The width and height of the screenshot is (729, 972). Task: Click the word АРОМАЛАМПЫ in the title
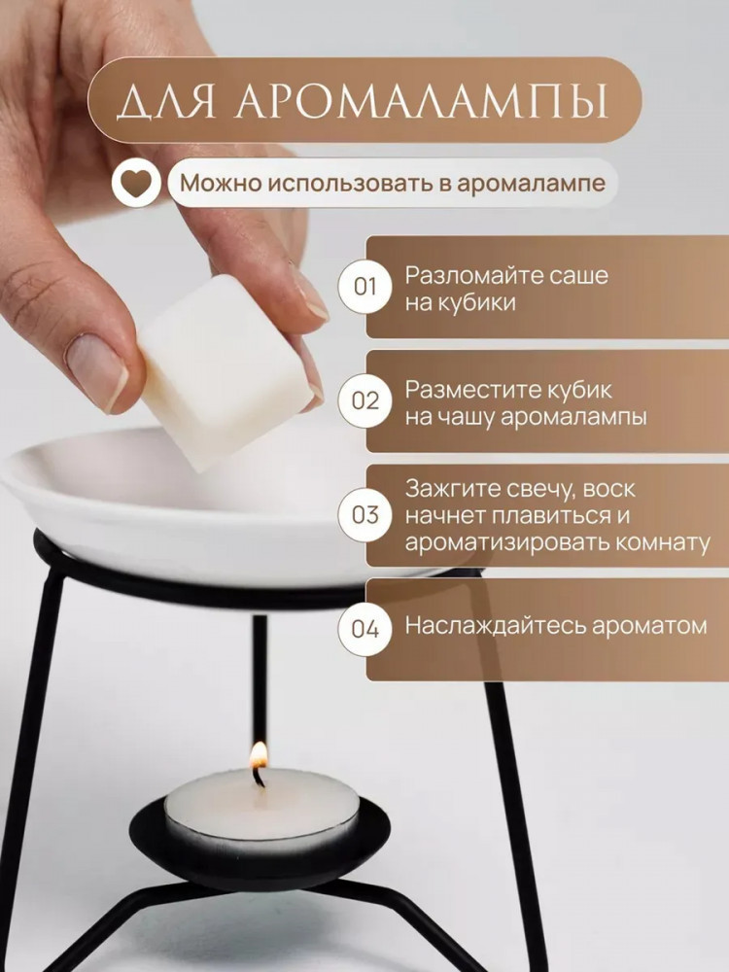(422, 99)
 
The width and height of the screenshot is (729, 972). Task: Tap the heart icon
(136, 183)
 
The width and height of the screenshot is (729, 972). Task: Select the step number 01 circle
(364, 287)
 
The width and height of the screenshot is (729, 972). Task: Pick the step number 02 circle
(364, 401)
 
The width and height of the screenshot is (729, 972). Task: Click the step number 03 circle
(364, 515)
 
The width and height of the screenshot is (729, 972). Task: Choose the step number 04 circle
(364, 629)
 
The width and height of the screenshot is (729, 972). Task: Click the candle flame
(259, 754)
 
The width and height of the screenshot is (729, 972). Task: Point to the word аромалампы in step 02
(573, 418)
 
